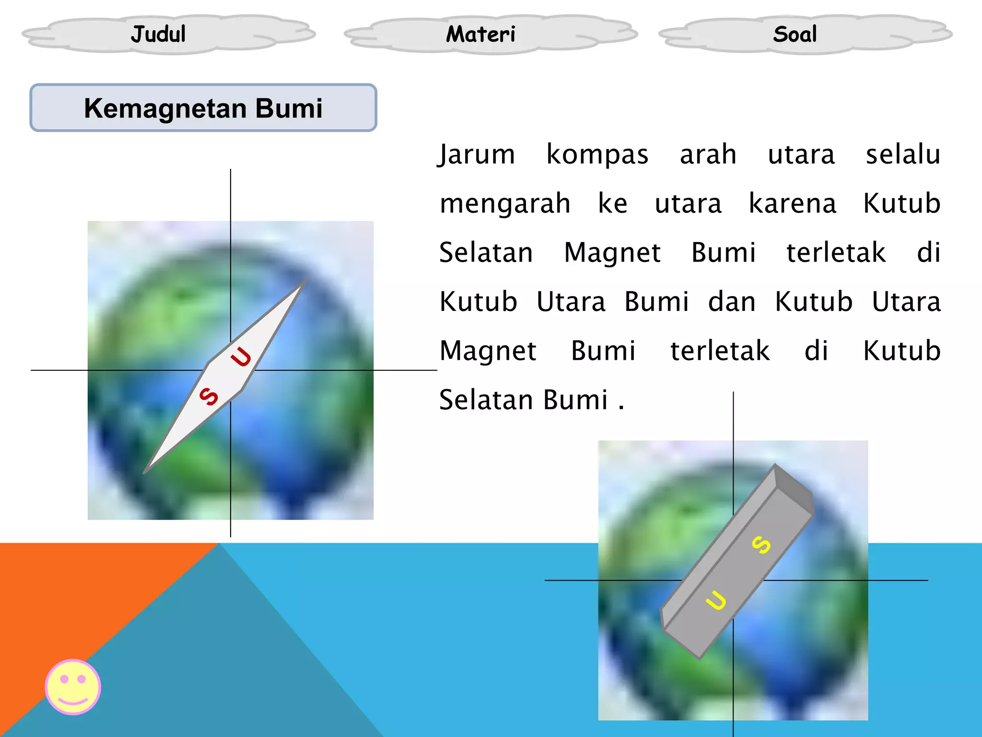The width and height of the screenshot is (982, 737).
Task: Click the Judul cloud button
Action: pyautogui.click(x=158, y=34)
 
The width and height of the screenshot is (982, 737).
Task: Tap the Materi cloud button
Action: pyautogui.click(x=480, y=34)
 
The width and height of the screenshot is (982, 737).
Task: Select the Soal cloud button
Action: pyautogui.click(x=795, y=34)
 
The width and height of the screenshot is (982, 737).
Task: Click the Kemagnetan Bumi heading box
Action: pyautogui.click(x=203, y=108)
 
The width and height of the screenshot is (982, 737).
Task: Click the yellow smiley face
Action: pyautogui.click(x=73, y=687)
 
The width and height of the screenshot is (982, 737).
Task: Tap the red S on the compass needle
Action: pyautogui.click(x=209, y=396)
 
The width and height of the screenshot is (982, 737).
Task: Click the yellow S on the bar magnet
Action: pyautogui.click(x=761, y=545)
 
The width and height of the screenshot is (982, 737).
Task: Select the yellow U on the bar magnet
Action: pyautogui.click(x=716, y=600)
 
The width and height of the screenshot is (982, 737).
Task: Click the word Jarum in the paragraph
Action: pyautogui.click(x=477, y=155)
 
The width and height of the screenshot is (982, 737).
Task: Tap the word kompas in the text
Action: pyautogui.click(x=597, y=155)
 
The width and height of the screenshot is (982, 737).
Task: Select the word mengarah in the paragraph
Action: pyautogui.click(x=505, y=203)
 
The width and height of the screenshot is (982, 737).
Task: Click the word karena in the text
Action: pyautogui.click(x=792, y=203)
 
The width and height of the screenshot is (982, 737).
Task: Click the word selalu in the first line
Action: pyautogui.click(x=903, y=155)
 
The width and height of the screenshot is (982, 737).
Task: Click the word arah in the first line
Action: pyautogui.click(x=708, y=155)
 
